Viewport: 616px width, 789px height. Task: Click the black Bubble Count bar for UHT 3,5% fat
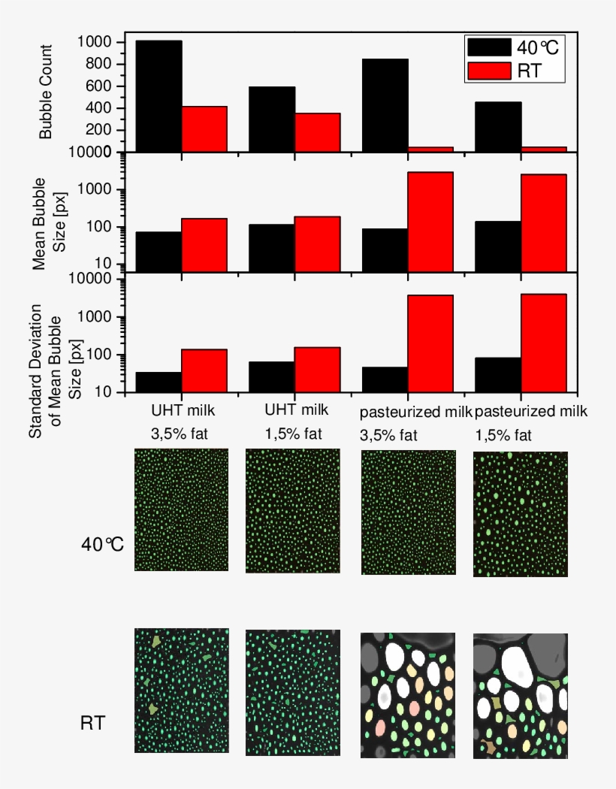[x=159, y=95]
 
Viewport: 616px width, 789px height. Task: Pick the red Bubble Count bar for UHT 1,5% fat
[x=317, y=132]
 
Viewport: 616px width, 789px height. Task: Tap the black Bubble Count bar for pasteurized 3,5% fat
[x=385, y=105]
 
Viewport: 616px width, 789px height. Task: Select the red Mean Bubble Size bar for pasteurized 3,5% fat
[x=430, y=222]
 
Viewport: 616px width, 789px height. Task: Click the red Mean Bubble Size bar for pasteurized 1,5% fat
[x=543, y=222]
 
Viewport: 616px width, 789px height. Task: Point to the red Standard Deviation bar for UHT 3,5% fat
[x=204, y=370]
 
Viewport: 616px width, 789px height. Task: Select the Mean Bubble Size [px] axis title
[x=49, y=223]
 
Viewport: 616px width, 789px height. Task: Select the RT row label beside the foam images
[x=92, y=724]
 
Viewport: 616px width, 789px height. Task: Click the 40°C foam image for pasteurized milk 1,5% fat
[x=520, y=514]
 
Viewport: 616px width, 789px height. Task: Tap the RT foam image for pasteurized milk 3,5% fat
[x=408, y=695]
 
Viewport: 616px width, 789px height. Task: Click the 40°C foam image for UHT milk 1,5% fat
[x=293, y=511]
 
